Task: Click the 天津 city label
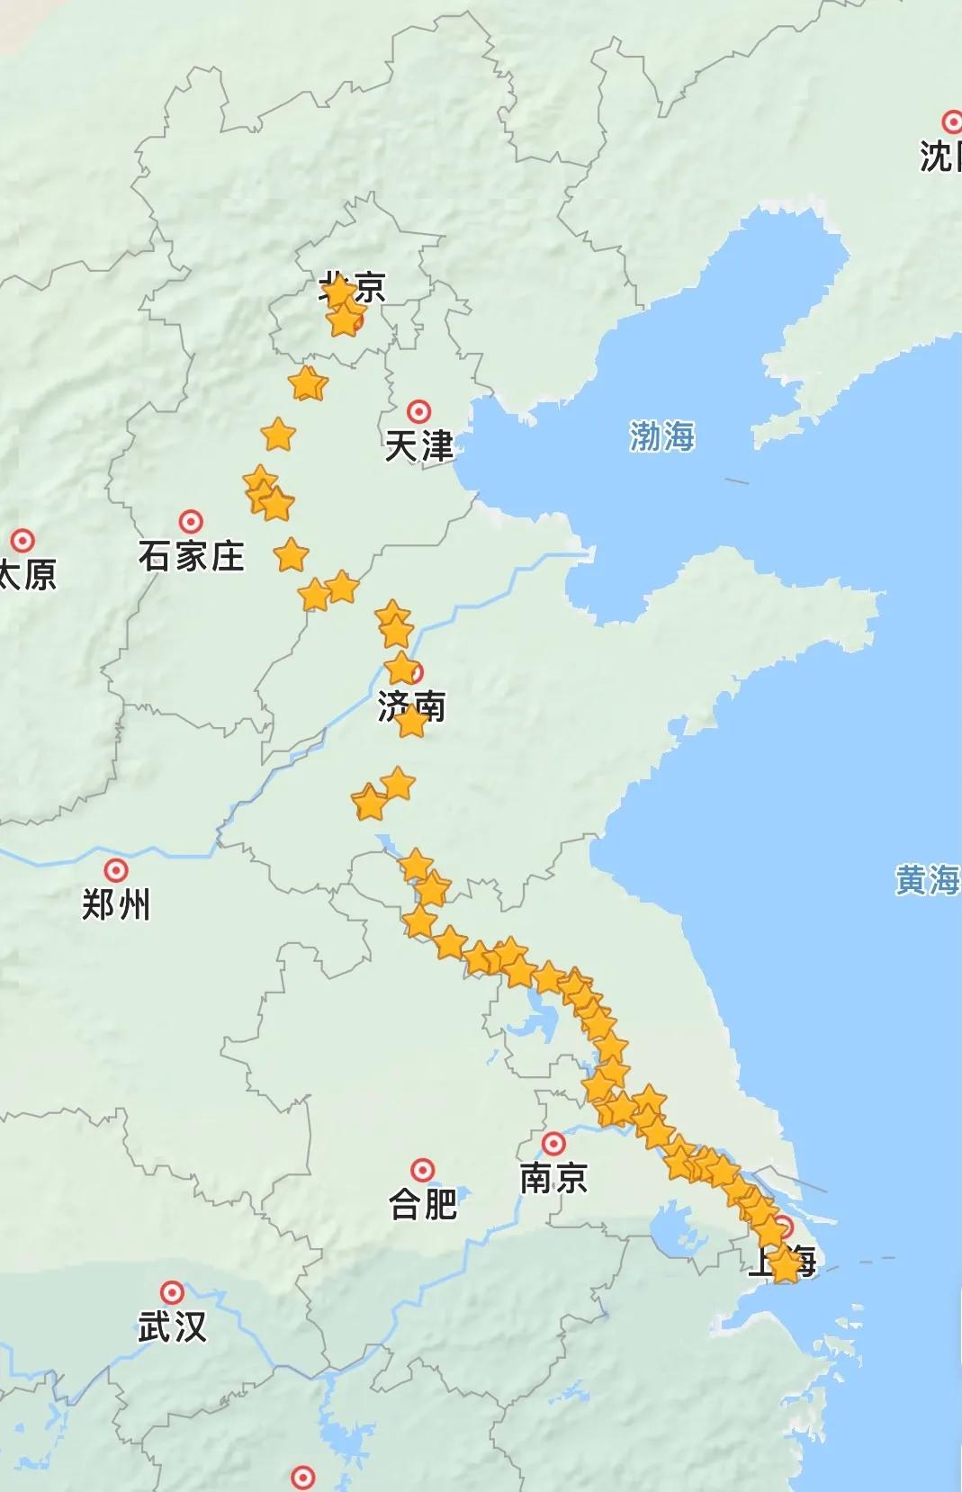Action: (x=418, y=446)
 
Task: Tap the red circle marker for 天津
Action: (x=418, y=412)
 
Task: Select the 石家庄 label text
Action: (x=191, y=556)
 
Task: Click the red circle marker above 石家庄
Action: (x=190, y=521)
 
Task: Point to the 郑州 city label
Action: (x=116, y=904)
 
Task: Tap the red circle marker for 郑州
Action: (x=116, y=870)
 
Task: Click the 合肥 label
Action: (x=423, y=1204)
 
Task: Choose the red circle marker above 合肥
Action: (x=423, y=1170)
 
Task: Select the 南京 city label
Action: (x=553, y=1178)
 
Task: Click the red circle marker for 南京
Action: (x=553, y=1144)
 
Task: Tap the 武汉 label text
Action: (x=172, y=1326)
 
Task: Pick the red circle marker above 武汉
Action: (x=172, y=1292)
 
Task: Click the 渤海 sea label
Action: (x=661, y=437)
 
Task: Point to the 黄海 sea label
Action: (x=927, y=880)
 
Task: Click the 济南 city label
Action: (x=411, y=706)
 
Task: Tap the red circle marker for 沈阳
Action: (x=952, y=121)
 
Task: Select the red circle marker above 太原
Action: (x=22, y=540)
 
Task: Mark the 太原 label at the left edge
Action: (x=27, y=574)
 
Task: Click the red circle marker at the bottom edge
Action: (x=304, y=1477)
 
